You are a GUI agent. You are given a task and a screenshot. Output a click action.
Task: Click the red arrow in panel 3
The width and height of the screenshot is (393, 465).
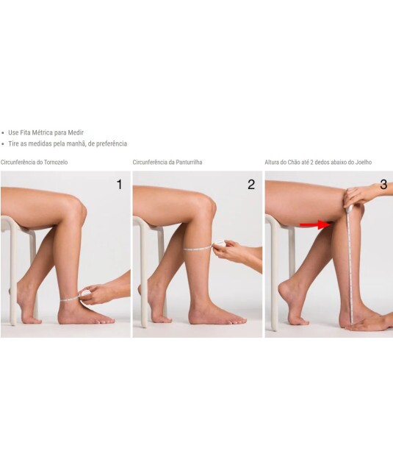[316, 224]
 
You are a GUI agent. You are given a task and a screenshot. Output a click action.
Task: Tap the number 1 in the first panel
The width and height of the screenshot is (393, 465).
[119, 185]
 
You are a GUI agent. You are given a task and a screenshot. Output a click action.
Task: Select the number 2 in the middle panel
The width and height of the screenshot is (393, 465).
[251, 185]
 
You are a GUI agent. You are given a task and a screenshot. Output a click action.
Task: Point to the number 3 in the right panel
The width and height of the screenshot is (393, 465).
[383, 185]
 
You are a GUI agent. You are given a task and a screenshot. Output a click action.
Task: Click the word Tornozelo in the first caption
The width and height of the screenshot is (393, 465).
[56, 162]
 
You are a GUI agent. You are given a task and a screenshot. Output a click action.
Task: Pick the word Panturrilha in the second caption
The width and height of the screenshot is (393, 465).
[189, 162]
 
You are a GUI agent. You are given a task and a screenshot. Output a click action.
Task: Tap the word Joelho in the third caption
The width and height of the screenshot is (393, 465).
[364, 162]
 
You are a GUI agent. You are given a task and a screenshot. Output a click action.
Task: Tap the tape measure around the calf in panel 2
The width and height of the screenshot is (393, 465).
[198, 249]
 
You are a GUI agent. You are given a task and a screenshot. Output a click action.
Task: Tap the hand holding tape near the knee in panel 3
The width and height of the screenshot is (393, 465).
[358, 196]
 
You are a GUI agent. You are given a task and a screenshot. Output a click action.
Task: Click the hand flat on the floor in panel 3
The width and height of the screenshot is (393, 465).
[367, 326]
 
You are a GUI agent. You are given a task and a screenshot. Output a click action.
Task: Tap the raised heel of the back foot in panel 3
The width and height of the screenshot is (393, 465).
[282, 288]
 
